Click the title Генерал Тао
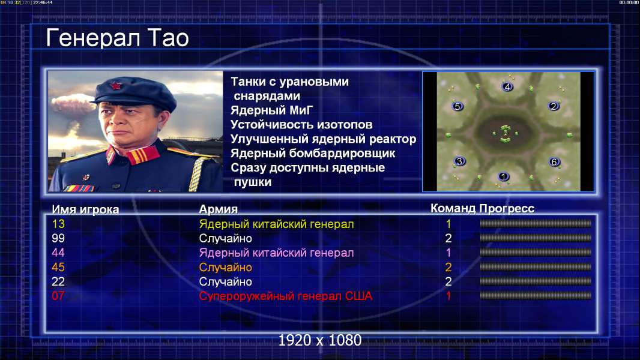(x=117, y=38)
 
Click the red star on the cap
(x=116, y=86)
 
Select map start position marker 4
(x=507, y=86)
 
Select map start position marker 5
(x=457, y=106)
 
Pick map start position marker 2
(x=554, y=106)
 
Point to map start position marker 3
(x=460, y=161)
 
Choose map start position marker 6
(x=554, y=162)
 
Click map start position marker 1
(x=504, y=176)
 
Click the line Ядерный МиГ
(x=271, y=110)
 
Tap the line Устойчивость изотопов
(x=301, y=125)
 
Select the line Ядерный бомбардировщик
(x=313, y=153)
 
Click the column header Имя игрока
(x=85, y=209)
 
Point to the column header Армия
(x=219, y=209)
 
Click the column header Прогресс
(x=507, y=209)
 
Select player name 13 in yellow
(x=58, y=224)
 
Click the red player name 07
(x=58, y=296)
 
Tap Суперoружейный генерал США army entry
(x=286, y=296)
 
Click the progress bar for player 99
(x=536, y=238)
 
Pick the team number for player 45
(x=448, y=267)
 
